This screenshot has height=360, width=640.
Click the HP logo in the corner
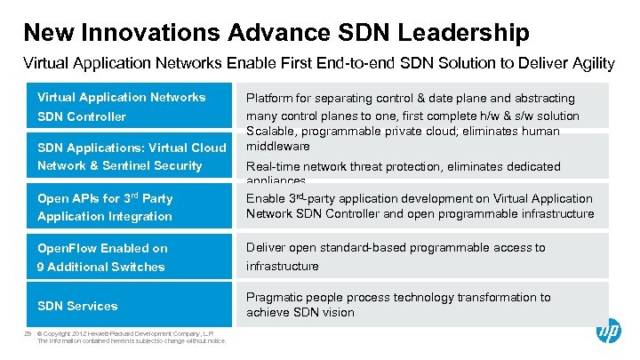(608, 332)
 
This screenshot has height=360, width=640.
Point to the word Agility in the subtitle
(593, 63)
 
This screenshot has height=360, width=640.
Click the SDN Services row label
(77, 306)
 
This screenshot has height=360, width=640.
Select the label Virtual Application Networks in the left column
(121, 97)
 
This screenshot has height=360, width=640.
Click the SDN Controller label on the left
(82, 116)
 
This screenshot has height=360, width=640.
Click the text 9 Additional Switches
(101, 267)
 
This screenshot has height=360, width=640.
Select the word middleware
(278, 146)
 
